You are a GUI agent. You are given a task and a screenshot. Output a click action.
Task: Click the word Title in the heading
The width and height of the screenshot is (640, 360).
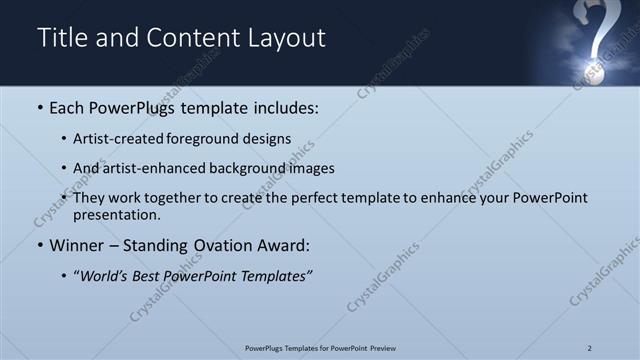pos(62,38)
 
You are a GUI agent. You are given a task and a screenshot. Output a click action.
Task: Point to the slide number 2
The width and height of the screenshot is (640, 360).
pos(590,348)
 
